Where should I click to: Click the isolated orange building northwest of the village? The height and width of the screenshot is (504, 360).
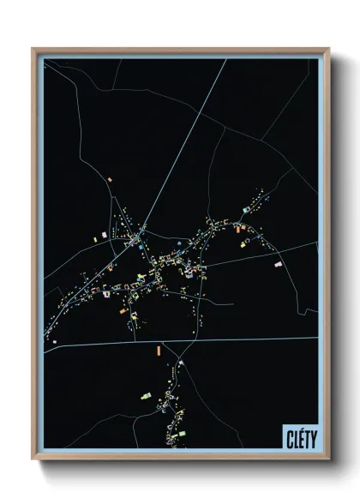click(x=110, y=178)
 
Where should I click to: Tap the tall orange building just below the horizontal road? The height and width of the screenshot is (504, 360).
click(x=158, y=350)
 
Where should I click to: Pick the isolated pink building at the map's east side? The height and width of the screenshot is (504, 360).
click(x=278, y=264)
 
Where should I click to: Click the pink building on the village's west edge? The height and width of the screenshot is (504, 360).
click(x=104, y=234)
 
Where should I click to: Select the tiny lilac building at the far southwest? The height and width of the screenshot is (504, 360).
click(x=54, y=341)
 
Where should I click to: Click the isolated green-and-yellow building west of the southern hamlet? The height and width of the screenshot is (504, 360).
click(x=146, y=395)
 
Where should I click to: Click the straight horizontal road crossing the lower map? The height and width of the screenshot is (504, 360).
click(x=240, y=339)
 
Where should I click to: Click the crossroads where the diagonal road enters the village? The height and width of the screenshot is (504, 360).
click(x=143, y=229)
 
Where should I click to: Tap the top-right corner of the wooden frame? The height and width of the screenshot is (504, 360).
click(x=328, y=50)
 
